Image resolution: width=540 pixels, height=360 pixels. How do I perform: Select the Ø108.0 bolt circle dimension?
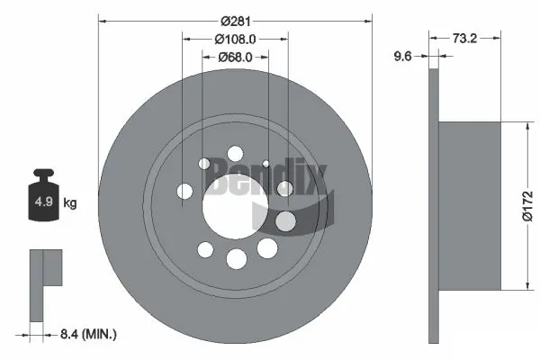coord(236,39)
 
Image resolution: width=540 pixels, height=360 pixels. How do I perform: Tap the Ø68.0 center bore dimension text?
coord(236,58)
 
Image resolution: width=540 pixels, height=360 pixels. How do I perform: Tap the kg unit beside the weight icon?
coord(69,203)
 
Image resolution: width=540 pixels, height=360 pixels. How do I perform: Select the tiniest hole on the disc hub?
coord(266,163)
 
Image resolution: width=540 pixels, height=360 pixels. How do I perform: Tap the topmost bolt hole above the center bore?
coord(235,153)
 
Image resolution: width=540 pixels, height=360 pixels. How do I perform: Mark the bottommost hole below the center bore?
coord(236,259)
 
